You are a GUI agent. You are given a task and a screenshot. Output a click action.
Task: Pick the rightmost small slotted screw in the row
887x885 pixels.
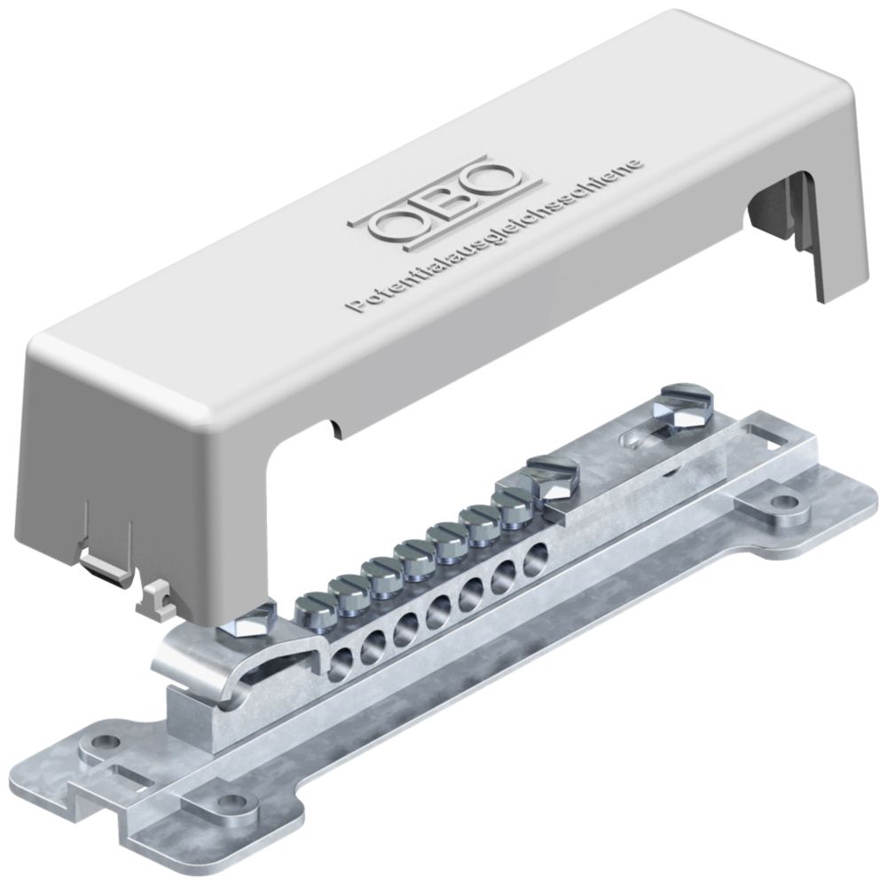point(513,504)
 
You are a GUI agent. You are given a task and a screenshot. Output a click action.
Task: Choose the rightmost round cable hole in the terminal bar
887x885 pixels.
point(534,557)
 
